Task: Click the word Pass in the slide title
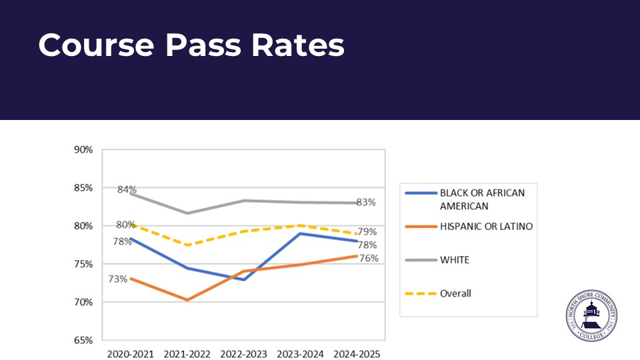[203, 45]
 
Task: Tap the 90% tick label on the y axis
[83, 149]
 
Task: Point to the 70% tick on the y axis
[83, 302]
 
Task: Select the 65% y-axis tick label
[83, 340]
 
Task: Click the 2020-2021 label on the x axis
[130, 353]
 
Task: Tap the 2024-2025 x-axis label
[357, 353]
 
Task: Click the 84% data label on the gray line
[127, 189]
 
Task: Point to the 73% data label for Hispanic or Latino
[118, 279]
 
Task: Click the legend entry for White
[454, 260]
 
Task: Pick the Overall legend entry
[455, 293]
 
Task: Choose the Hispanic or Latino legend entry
[486, 227]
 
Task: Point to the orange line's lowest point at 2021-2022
[187, 300]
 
